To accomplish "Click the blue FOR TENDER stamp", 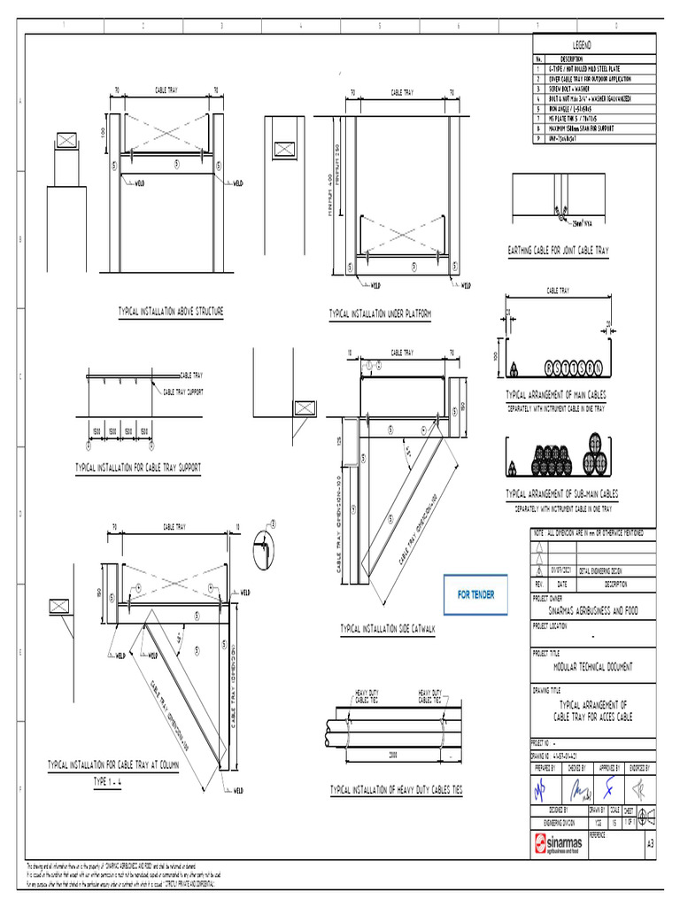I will click(476, 595).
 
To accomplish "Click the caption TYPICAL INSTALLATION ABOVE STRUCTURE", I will click(171, 312).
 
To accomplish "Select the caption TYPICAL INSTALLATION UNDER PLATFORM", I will click(379, 314).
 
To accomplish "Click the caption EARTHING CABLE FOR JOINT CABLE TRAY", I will click(558, 252).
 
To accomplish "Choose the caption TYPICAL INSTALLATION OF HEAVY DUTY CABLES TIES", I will click(396, 788).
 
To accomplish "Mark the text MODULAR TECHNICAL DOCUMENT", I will click(592, 665).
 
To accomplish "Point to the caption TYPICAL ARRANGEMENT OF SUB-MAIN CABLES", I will click(561, 493).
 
